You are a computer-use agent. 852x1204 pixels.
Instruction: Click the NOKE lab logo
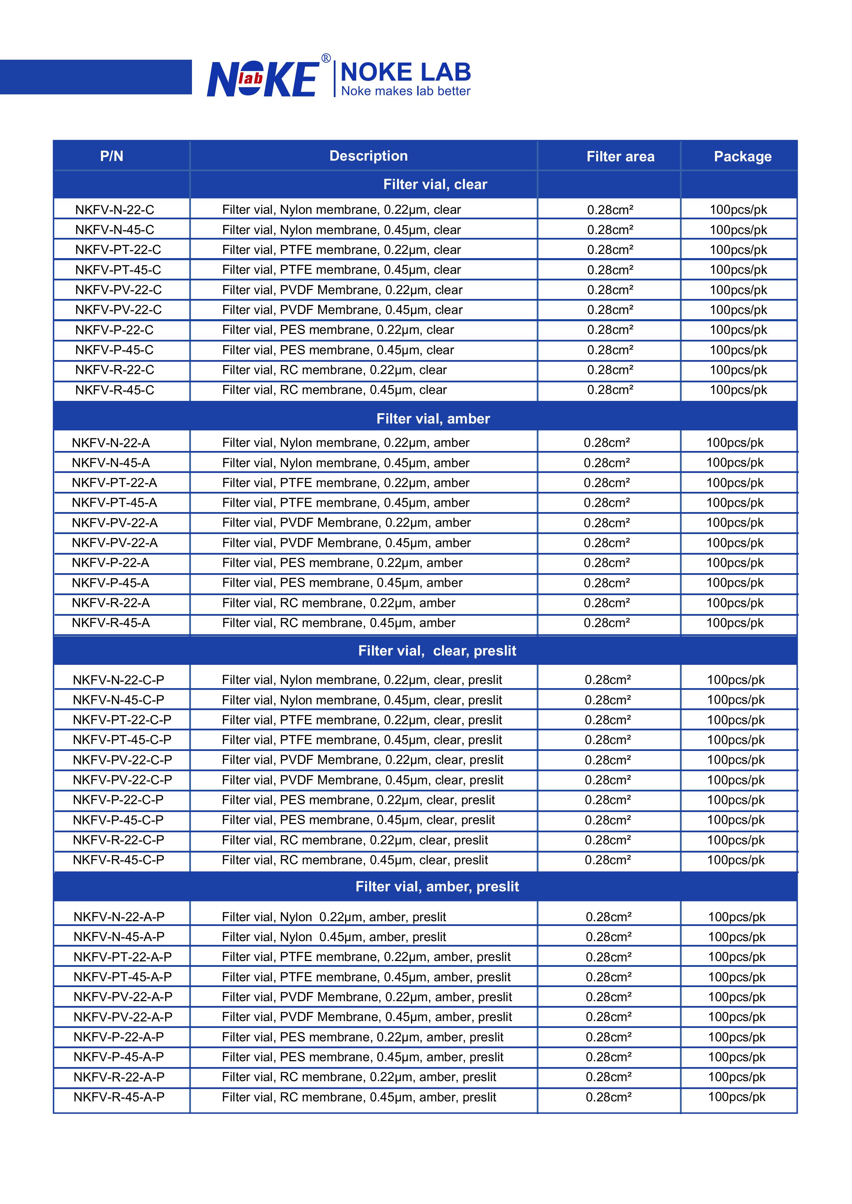(x=262, y=79)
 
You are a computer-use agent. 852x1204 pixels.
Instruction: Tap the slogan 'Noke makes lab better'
(x=406, y=91)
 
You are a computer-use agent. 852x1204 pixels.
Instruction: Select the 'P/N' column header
(x=112, y=156)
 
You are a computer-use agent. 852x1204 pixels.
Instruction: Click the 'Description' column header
(x=368, y=156)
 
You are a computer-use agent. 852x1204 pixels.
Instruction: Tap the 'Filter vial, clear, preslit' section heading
(x=437, y=651)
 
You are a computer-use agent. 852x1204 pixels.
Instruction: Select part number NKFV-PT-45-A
(x=114, y=503)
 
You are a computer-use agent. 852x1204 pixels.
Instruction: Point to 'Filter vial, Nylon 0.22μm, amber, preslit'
(x=334, y=917)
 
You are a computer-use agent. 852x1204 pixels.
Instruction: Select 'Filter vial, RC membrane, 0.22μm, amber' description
(x=338, y=603)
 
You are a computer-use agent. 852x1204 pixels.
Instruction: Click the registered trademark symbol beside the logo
(x=326, y=58)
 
